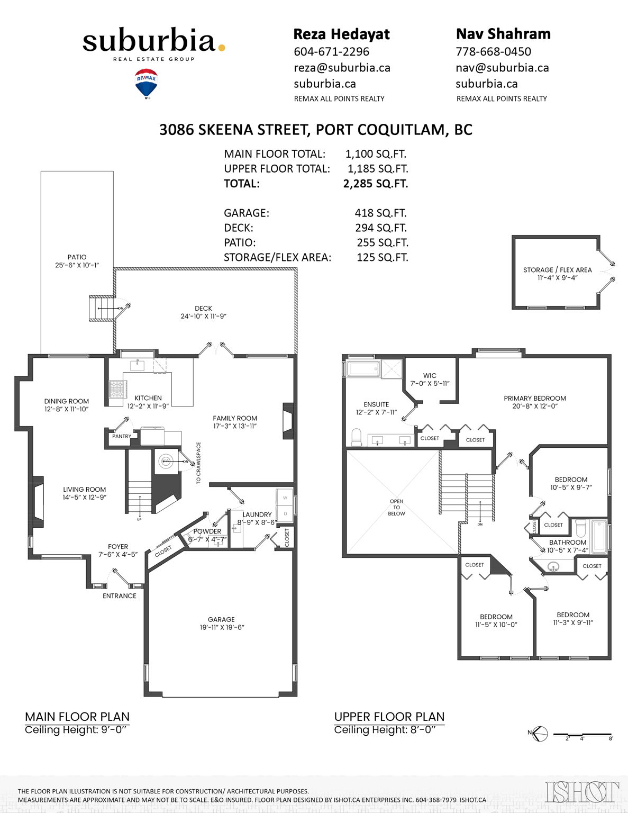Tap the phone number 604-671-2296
331,52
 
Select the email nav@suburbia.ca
502,68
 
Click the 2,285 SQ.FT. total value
375,184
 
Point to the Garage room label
221,619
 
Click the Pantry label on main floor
122,437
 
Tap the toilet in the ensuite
357,437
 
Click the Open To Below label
396,507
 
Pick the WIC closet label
430,376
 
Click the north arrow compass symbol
539,734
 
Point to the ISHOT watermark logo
582,792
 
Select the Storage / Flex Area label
557,270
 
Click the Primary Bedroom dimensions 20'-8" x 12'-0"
535,406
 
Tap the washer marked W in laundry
285,498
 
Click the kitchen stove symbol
117,389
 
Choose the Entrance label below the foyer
119,596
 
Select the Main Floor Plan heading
77,717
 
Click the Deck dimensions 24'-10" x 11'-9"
203,317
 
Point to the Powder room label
207,531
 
